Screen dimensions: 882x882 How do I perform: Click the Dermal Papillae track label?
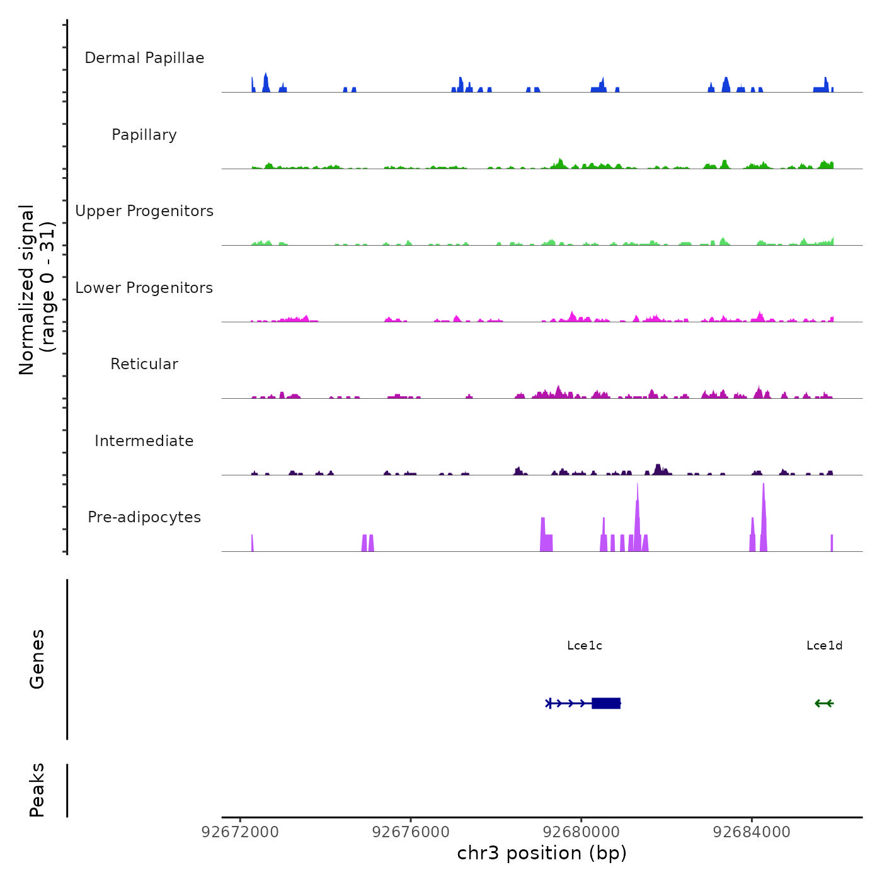click(144, 58)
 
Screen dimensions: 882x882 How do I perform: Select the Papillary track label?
click(144, 135)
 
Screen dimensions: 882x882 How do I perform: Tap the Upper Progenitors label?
click(144, 211)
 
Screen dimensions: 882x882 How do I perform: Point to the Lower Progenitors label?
click(144, 288)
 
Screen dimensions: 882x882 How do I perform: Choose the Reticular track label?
click(144, 364)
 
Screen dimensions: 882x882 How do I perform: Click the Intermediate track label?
click(144, 441)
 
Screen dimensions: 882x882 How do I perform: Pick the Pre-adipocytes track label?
click(144, 517)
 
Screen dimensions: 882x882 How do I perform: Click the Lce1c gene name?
click(585, 646)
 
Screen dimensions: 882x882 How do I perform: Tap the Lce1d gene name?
click(824, 646)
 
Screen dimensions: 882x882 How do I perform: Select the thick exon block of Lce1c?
click(606, 703)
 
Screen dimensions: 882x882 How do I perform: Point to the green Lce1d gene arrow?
click(824, 703)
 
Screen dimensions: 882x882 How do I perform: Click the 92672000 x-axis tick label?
click(240, 832)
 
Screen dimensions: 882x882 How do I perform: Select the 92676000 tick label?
click(411, 832)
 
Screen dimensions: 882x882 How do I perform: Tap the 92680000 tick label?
click(581, 832)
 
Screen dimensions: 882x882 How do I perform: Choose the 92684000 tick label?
click(752, 832)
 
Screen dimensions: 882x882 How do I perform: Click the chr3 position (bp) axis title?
click(542, 853)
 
